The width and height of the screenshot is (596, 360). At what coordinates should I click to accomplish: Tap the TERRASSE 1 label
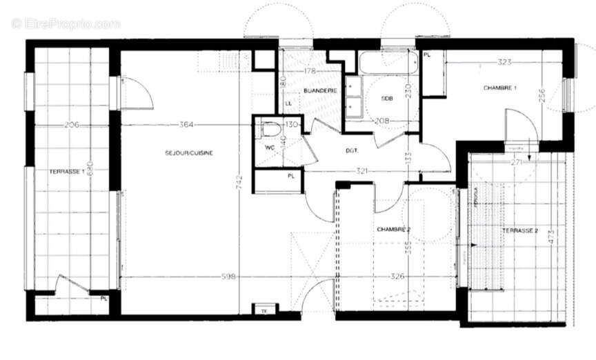pyautogui.click(x=66, y=172)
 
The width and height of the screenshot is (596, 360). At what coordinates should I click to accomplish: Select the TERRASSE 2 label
pyautogui.click(x=519, y=230)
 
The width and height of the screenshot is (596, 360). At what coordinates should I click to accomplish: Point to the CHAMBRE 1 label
pyautogui.click(x=500, y=88)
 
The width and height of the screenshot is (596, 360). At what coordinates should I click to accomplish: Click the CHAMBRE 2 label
pyautogui.click(x=393, y=228)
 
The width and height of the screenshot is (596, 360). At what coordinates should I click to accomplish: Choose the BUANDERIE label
pyautogui.click(x=319, y=91)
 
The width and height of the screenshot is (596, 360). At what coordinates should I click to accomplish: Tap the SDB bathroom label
pyautogui.click(x=387, y=99)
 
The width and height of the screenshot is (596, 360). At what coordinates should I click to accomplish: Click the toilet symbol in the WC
pyautogui.click(x=270, y=128)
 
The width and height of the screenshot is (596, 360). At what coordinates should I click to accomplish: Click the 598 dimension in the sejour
pyautogui.click(x=229, y=277)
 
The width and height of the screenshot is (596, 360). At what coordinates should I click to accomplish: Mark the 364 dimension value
pyautogui.click(x=186, y=125)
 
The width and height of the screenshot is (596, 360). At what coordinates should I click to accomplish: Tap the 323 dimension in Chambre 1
pyautogui.click(x=504, y=62)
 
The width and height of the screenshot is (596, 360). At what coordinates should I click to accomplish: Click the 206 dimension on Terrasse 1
pyautogui.click(x=72, y=125)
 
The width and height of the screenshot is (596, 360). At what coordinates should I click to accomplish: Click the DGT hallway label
pyautogui.click(x=352, y=150)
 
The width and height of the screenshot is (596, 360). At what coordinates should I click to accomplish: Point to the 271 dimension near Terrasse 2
pyautogui.click(x=515, y=162)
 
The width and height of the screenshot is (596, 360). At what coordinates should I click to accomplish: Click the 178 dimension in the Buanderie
pyautogui.click(x=310, y=71)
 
